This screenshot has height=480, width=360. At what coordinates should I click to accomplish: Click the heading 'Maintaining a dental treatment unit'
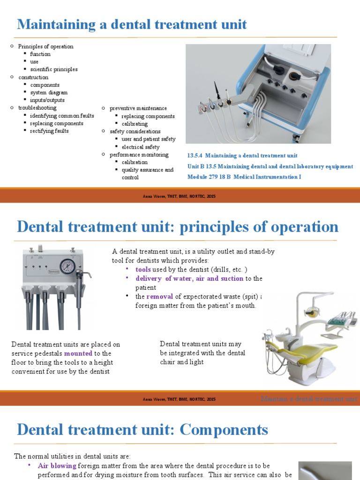click(132, 24)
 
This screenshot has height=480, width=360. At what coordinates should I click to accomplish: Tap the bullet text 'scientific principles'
click(54, 69)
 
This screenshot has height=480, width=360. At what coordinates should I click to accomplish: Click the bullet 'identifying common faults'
click(62, 116)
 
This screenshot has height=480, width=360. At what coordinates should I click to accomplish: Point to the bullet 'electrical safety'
click(141, 147)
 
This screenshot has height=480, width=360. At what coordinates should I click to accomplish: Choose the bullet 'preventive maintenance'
click(138, 108)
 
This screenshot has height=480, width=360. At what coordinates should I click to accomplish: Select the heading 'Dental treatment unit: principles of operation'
click(177, 227)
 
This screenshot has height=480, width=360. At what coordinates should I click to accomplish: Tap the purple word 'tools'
click(143, 270)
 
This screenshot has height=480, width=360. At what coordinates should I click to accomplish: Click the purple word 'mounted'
click(78, 353)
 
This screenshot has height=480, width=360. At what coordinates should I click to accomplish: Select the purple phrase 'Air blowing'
click(57, 466)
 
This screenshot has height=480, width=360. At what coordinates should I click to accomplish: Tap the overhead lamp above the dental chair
click(311, 311)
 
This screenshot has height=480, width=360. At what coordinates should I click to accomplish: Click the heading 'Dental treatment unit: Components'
click(142, 430)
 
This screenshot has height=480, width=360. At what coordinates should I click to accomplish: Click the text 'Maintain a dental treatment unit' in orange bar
click(309, 399)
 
